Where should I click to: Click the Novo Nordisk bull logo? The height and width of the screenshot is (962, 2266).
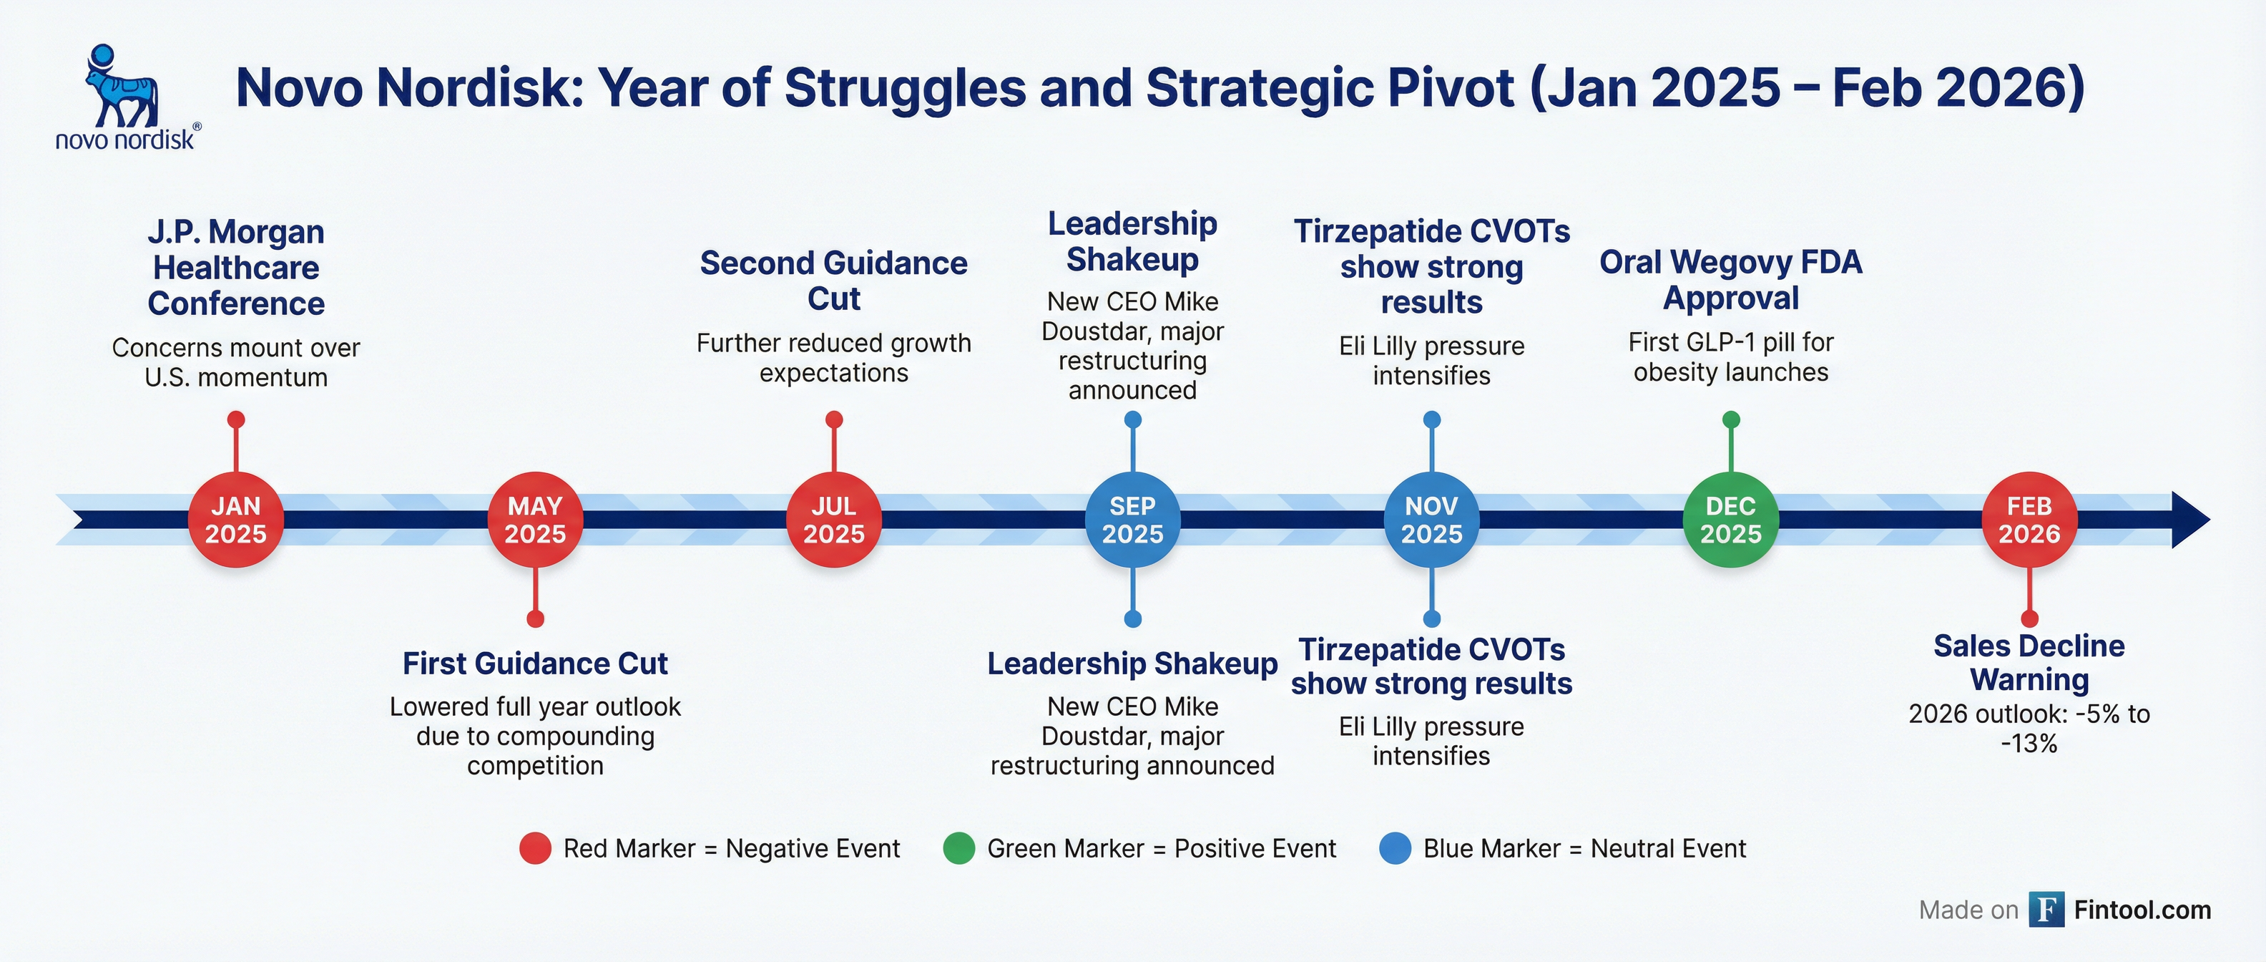tap(122, 88)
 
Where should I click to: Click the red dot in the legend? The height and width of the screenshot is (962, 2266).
tap(535, 848)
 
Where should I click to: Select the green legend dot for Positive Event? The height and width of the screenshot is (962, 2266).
tap(958, 848)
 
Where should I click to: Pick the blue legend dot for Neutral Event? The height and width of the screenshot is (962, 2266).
tap(1395, 848)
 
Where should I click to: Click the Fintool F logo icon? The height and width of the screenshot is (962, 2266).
tap(2046, 910)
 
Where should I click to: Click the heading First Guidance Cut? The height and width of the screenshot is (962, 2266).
tap(535, 664)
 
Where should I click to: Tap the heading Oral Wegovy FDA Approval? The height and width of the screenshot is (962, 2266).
tap(1730, 280)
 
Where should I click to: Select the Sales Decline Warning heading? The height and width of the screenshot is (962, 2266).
tap(2029, 663)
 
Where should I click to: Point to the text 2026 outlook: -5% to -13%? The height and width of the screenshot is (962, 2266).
tap(2029, 729)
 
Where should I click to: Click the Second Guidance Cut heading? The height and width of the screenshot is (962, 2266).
tap(834, 281)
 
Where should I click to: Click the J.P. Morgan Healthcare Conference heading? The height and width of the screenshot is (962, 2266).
tap(236, 268)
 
